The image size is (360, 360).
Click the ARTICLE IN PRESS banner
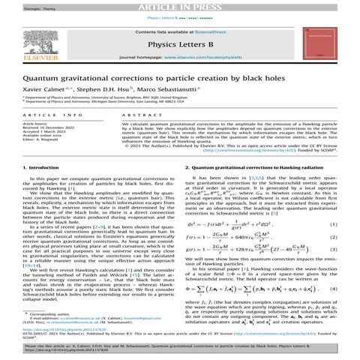tap(180, 5)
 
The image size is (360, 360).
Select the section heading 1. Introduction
tap(37, 178)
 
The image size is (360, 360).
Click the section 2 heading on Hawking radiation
tap(251, 178)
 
